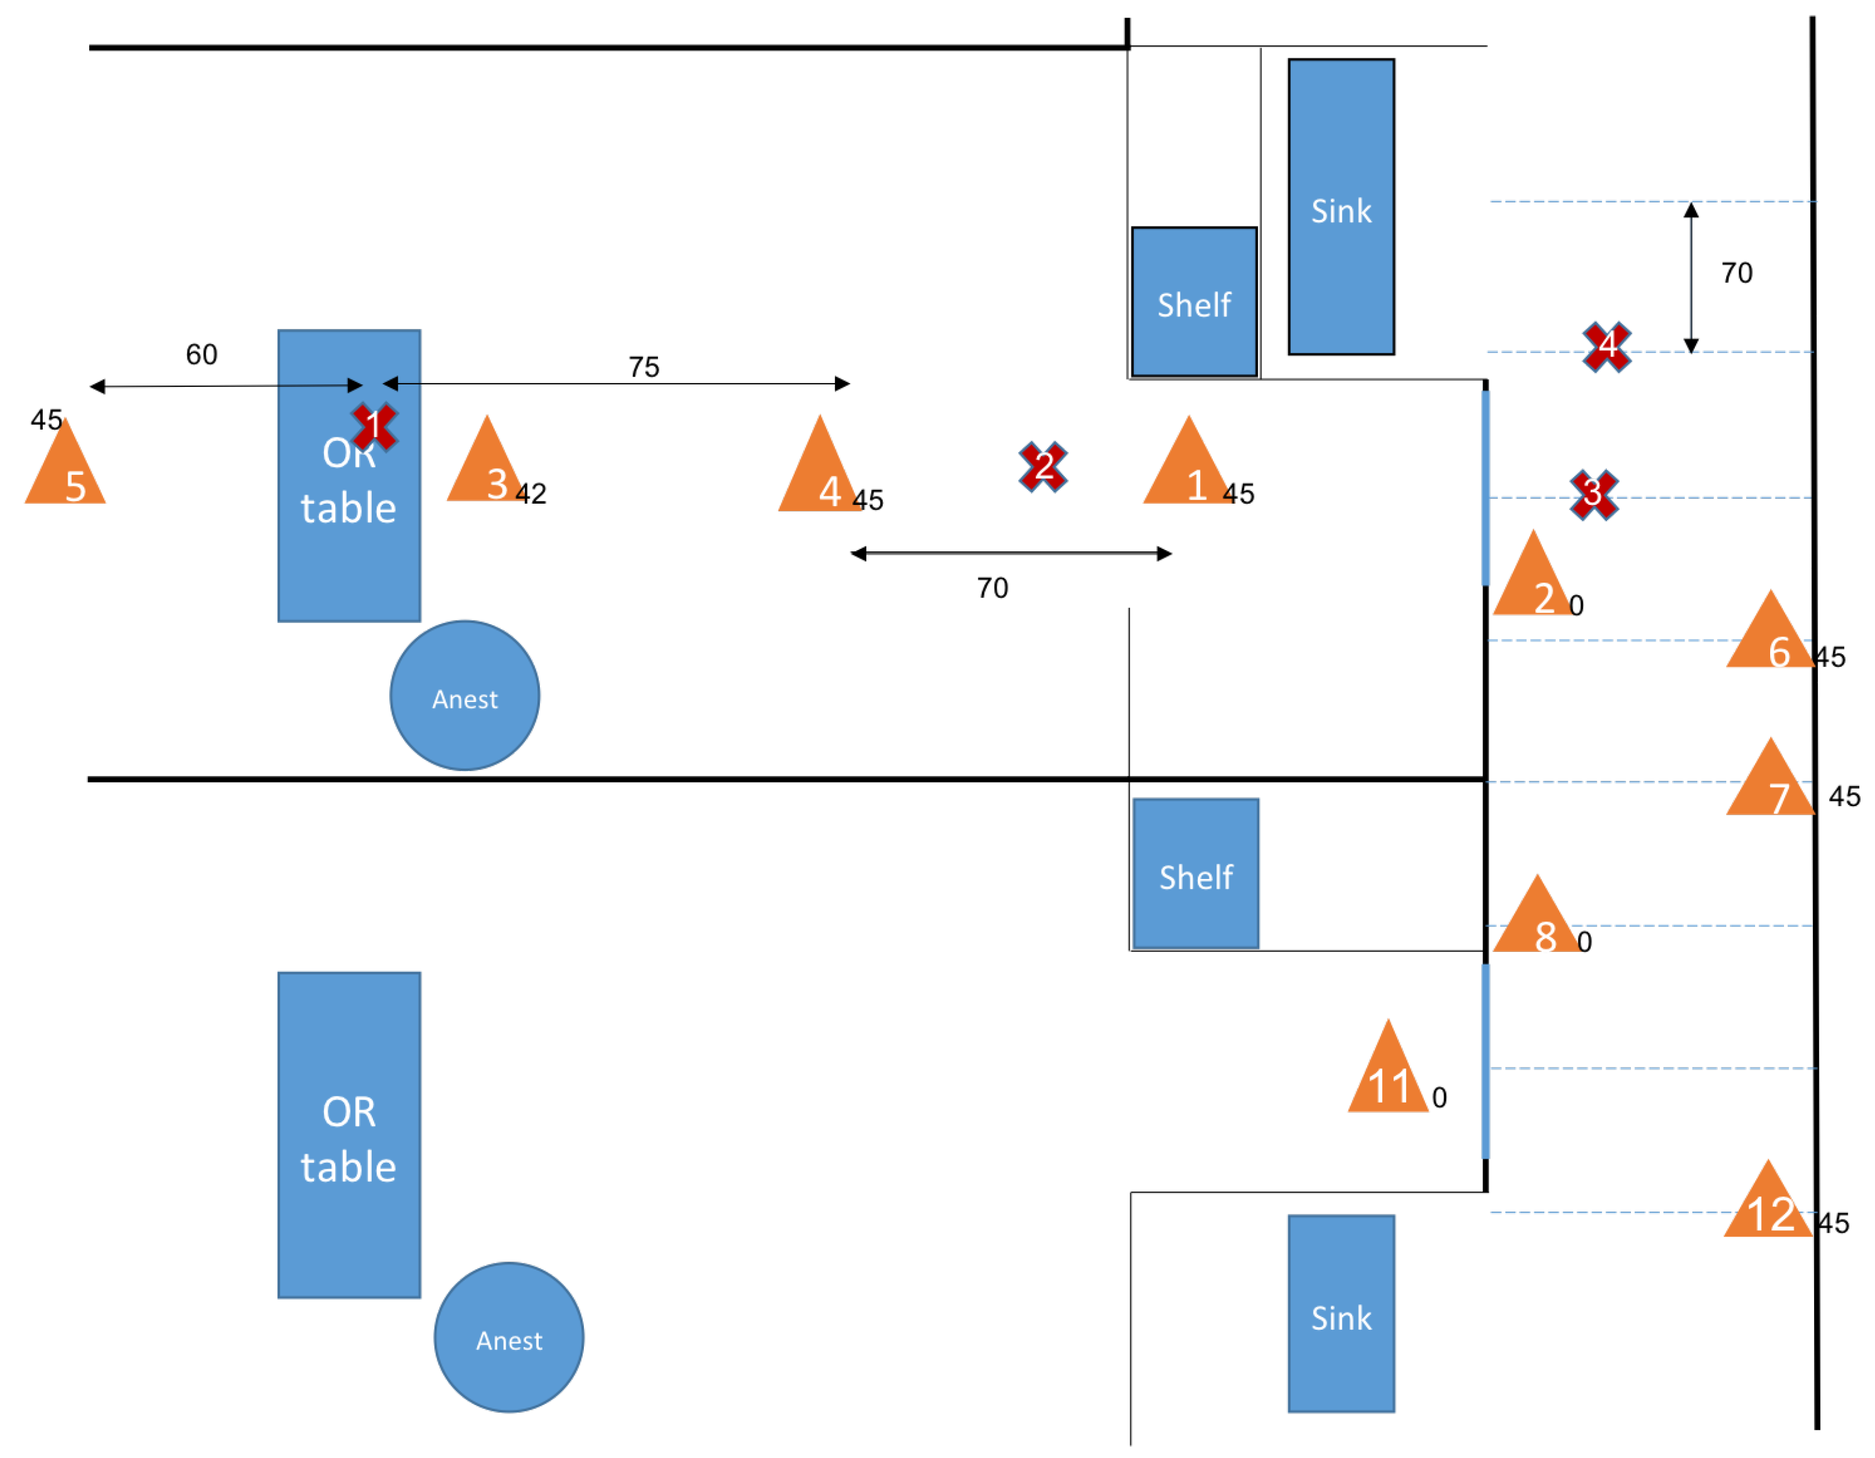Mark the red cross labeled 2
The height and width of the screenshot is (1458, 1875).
pos(1043,467)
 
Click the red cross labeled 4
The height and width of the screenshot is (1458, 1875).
pos(1607,347)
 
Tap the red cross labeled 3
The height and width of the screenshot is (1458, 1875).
pos(1594,495)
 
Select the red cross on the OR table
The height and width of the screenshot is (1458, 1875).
pos(374,427)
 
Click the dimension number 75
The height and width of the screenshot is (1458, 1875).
pos(644,368)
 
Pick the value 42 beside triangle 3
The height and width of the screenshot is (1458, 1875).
pos(531,493)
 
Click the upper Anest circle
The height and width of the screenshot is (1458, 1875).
pos(465,695)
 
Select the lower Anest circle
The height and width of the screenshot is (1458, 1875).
pos(509,1337)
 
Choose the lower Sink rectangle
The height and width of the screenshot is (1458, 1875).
pos(1341,1314)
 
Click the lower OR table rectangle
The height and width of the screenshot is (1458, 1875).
pos(349,1135)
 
